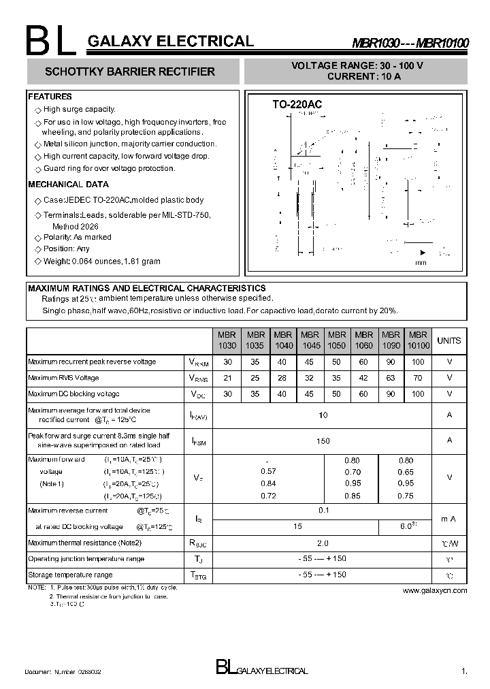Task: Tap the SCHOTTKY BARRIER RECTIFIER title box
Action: point(133,71)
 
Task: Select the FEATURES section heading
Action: point(50,97)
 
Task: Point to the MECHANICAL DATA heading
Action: point(68,185)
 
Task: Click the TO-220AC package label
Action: point(297,104)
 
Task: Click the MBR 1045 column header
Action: point(310,340)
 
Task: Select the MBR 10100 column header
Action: point(418,340)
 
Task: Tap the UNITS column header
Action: point(449,340)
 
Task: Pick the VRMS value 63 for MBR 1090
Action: point(391,378)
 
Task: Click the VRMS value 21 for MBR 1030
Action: point(228,378)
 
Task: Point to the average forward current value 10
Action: point(323,415)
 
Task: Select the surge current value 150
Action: point(323,441)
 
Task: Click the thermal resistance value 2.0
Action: point(323,543)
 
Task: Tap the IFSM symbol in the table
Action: point(198,442)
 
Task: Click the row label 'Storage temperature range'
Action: point(70,575)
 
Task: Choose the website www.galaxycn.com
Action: point(435,590)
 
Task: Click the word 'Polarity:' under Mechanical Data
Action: point(57,237)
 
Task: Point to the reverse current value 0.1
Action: point(323,510)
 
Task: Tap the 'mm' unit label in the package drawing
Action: point(421,263)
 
